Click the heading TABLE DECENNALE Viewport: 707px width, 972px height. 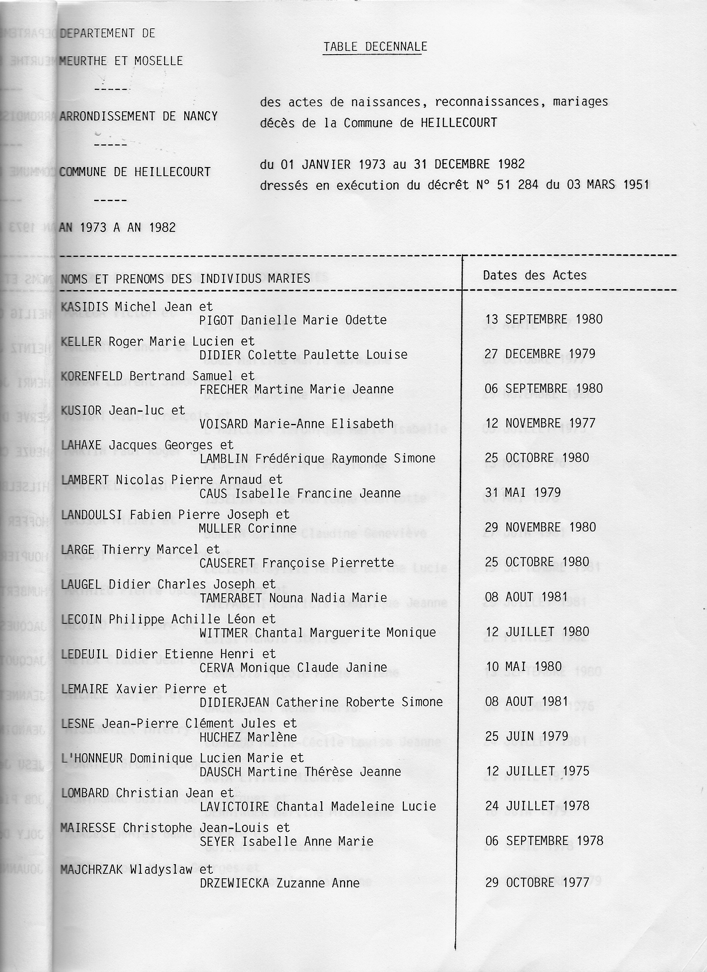[x=375, y=47]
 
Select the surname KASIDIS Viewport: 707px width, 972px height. [x=85, y=307]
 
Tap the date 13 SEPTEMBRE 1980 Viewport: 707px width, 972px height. [x=544, y=319]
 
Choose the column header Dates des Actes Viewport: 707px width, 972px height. [x=534, y=275]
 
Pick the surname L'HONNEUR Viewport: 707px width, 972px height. [x=92, y=758]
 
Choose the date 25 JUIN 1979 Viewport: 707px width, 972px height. [x=527, y=736]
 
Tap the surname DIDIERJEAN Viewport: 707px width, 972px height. [x=234, y=702]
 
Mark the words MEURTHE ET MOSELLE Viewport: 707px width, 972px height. [x=121, y=61]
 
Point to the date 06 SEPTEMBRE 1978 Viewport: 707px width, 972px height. [x=544, y=841]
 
